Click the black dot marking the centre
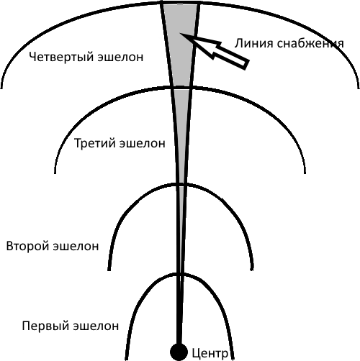179,352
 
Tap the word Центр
210,353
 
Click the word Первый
46,326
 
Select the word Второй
27,247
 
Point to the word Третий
95,143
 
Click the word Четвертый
61,57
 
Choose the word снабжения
310,44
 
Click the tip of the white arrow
180,34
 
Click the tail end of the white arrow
246,64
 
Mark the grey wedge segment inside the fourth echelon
181,45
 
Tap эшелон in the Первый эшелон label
96,326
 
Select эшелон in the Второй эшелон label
76,247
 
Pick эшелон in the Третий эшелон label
143,143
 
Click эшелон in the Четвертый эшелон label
121,58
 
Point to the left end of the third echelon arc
55,173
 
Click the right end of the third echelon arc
305,173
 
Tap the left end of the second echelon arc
109,270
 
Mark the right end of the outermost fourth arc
359,88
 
